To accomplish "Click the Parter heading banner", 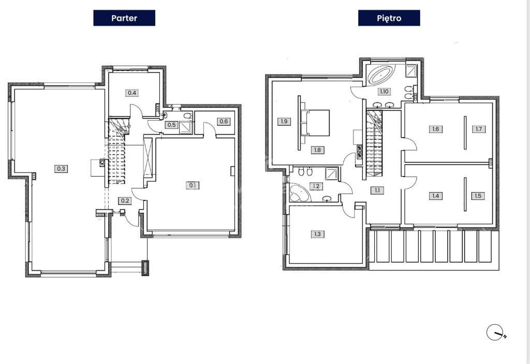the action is pos(124,18).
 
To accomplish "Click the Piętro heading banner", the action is pos(389,18).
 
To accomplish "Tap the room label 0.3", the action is pos(61,168).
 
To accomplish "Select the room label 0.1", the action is pos(193,185).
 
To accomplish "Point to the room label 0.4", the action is pos(132,92).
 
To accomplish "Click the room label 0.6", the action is pos(224,122).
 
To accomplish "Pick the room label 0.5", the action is pos(172,125).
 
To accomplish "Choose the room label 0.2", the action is pos(125,200).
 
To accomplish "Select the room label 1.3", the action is pos(317,234).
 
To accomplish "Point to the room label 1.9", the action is pos(284,121).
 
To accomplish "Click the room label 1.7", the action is pos(479,129).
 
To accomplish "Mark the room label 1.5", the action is pos(478,196).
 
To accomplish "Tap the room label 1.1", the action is pos(377,190).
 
